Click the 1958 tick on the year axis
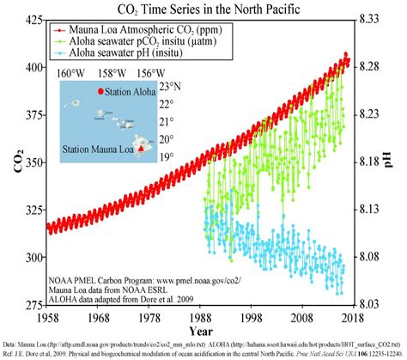point(47,317)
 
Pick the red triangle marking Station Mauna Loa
point(143,148)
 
